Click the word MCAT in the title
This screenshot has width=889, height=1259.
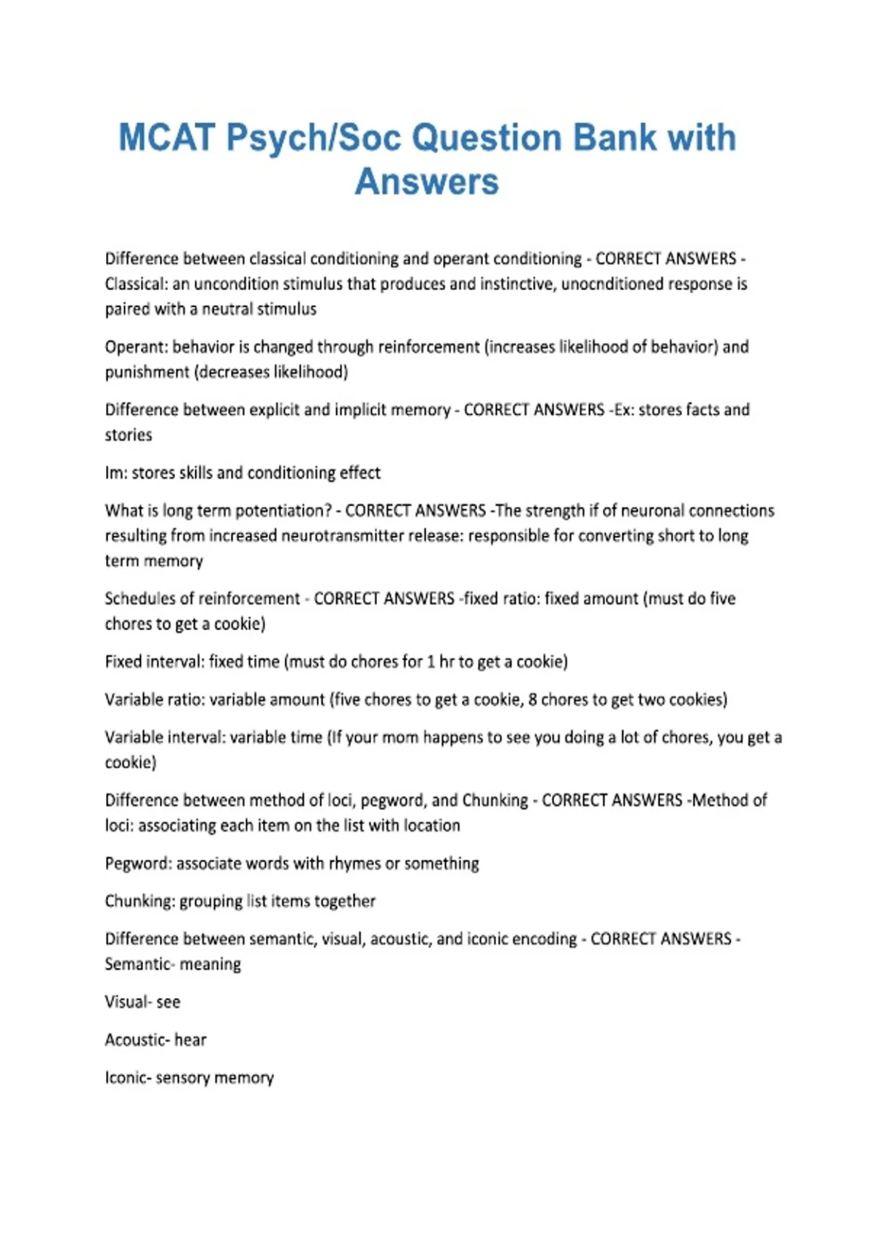point(167,138)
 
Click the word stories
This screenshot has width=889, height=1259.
point(128,435)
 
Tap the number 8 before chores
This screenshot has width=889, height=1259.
point(533,699)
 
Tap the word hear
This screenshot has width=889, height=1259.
point(190,1040)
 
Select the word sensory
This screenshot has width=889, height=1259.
point(182,1078)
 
